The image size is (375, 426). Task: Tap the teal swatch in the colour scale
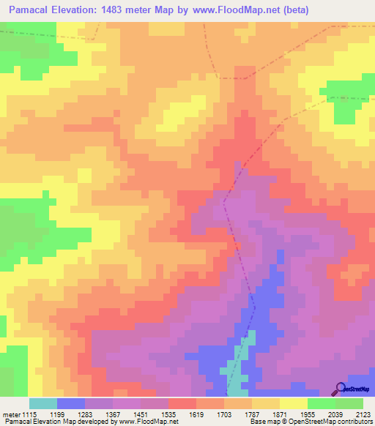coord(43,403)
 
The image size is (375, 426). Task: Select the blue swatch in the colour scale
coord(71,403)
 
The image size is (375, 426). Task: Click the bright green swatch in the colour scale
coord(321,403)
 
